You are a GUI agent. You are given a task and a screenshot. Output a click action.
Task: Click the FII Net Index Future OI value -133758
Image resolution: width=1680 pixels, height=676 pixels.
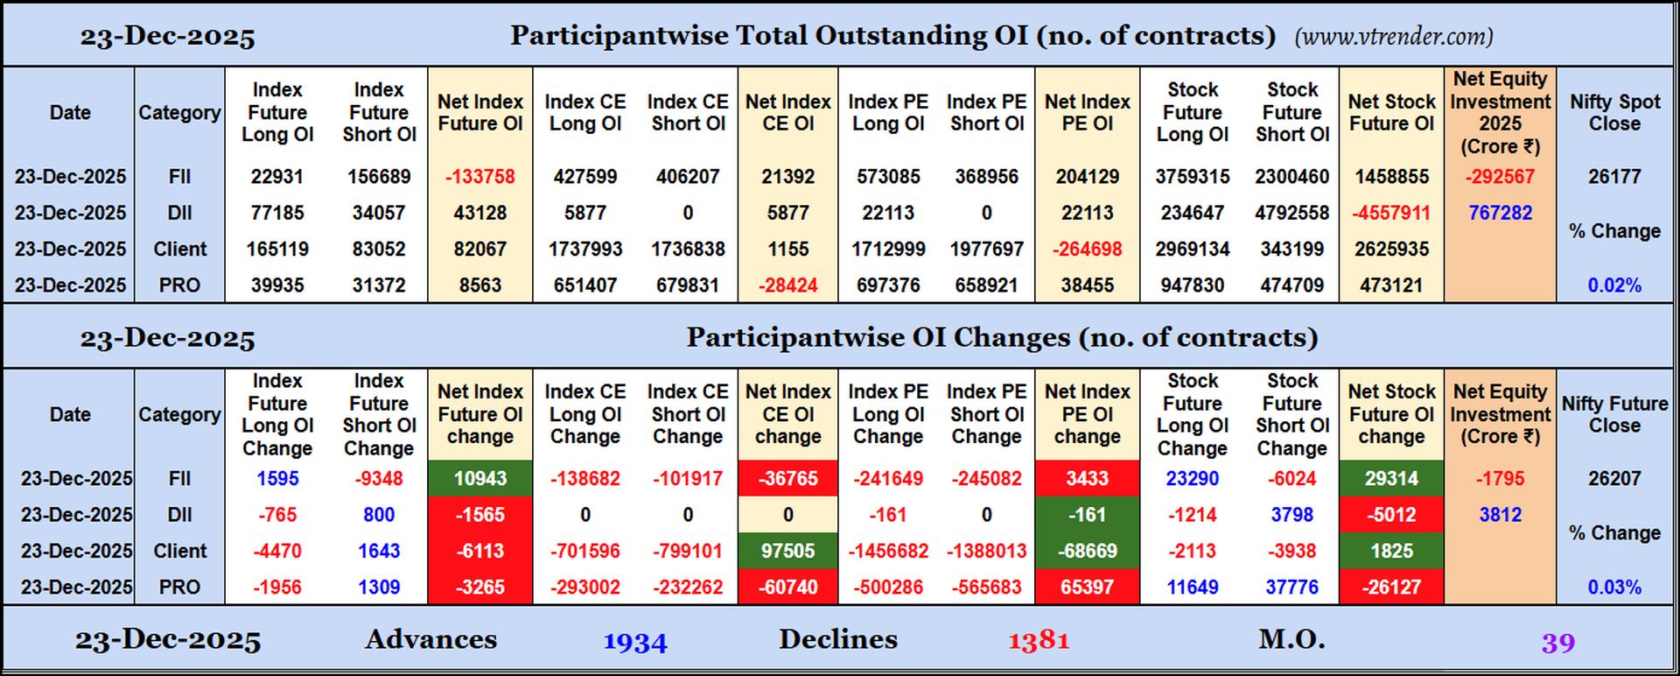(x=479, y=177)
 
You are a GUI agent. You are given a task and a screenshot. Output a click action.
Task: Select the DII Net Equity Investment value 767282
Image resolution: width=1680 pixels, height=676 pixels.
(x=1500, y=213)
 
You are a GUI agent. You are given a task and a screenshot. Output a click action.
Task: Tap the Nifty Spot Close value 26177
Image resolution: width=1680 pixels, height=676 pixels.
(x=1614, y=177)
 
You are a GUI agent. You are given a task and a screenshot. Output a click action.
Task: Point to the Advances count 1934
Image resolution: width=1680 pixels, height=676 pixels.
(x=635, y=642)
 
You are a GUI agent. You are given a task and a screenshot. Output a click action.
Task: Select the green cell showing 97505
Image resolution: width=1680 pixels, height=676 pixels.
(x=787, y=552)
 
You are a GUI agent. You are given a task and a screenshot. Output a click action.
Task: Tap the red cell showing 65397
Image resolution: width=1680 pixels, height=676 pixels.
(x=1087, y=588)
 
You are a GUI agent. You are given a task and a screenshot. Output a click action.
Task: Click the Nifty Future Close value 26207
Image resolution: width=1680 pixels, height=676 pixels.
(x=1614, y=479)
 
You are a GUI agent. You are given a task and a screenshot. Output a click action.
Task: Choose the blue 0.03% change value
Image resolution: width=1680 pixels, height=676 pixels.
(x=1614, y=588)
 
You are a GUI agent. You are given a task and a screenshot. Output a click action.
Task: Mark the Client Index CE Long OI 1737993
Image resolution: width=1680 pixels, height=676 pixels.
(x=584, y=250)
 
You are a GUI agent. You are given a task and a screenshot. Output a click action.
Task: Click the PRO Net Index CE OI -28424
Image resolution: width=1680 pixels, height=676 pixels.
(x=787, y=285)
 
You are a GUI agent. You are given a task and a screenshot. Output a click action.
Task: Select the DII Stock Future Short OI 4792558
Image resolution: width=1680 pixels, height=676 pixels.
(x=1291, y=213)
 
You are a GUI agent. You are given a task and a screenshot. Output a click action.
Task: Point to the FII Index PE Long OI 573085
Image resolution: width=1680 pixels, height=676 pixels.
(x=888, y=177)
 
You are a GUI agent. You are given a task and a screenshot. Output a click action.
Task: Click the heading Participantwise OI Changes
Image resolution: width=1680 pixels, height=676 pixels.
(x=1002, y=338)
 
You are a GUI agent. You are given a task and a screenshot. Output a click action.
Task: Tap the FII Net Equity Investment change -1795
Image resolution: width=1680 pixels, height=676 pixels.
(x=1500, y=479)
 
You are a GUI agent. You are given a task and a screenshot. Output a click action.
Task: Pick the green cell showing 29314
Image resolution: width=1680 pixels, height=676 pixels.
(x=1391, y=479)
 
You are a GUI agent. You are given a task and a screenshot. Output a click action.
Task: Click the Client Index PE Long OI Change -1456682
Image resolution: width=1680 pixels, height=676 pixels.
(x=888, y=552)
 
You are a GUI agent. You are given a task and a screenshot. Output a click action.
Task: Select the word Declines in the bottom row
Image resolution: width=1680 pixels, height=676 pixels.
(x=837, y=639)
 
